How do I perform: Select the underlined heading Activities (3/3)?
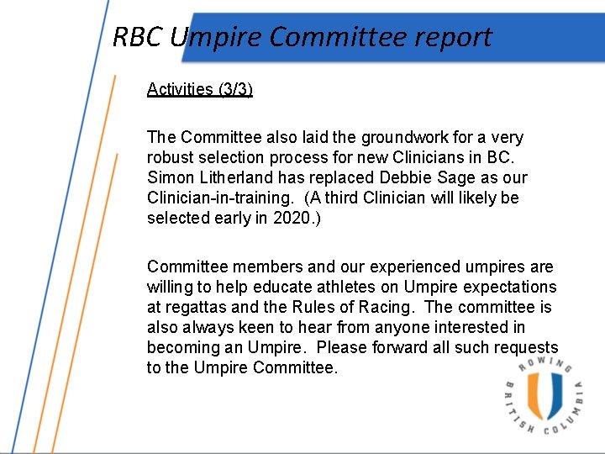click(x=199, y=89)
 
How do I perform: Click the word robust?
click(x=171, y=157)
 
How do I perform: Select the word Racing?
click(x=381, y=307)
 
